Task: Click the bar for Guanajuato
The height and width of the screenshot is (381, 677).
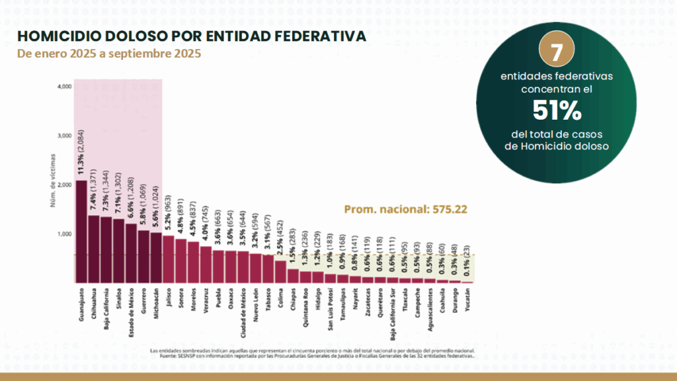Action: coord(81,232)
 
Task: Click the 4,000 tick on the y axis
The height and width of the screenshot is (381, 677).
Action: coord(65,87)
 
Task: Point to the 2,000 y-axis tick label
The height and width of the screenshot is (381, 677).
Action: coord(65,185)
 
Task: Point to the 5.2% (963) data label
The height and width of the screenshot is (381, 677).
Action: coord(169,214)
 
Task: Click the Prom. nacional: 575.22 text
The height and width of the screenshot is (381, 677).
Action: coord(406,209)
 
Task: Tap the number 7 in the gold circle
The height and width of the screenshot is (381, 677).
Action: coord(556,51)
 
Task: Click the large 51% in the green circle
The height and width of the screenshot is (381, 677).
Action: coord(557,110)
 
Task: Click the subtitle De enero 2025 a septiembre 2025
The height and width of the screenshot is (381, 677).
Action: coord(109,53)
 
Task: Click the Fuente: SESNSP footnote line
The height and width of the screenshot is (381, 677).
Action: coord(317,355)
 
